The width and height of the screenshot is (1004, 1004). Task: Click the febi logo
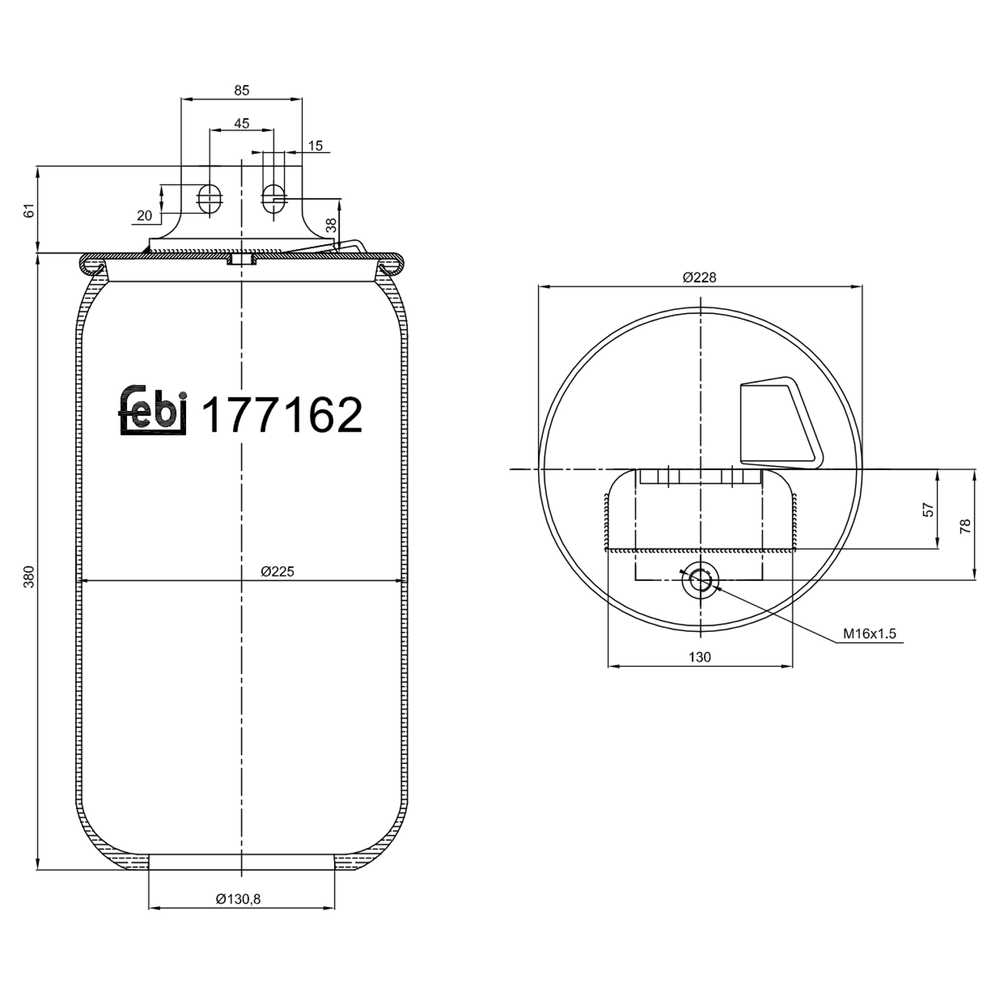pyautogui.click(x=153, y=411)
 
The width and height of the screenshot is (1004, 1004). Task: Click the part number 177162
pyautogui.click(x=282, y=415)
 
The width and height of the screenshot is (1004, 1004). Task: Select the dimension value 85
pyautogui.click(x=242, y=90)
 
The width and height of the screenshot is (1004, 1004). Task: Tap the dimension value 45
pyautogui.click(x=242, y=123)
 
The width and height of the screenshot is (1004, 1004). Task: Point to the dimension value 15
pyautogui.click(x=315, y=145)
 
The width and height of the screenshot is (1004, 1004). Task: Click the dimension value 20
pyautogui.click(x=144, y=216)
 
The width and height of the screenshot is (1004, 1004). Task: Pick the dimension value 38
pyautogui.click(x=331, y=226)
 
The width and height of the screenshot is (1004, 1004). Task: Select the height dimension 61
pyautogui.click(x=29, y=211)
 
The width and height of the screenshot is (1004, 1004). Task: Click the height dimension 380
pyautogui.click(x=29, y=576)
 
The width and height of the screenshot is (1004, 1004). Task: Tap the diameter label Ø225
pyautogui.click(x=277, y=571)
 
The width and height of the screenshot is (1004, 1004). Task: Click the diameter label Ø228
pyautogui.click(x=699, y=277)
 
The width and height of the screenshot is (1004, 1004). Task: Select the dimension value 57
pyautogui.click(x=928, y=509)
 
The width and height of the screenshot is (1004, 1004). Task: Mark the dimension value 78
pyautogui.click(x=965, y=526)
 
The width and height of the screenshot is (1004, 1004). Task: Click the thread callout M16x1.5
pyautogui.click(x=869, y=633)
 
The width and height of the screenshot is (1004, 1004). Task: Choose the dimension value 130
pyautogui.click(x=699, y=657)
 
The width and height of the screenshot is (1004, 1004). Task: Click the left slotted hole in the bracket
pyautogui.click(x=210, y=197)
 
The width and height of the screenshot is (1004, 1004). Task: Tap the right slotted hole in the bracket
pyautogui.click(x=272, y=197)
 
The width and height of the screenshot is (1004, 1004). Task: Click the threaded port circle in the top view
pyautogui.click(x=700, y=579)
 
